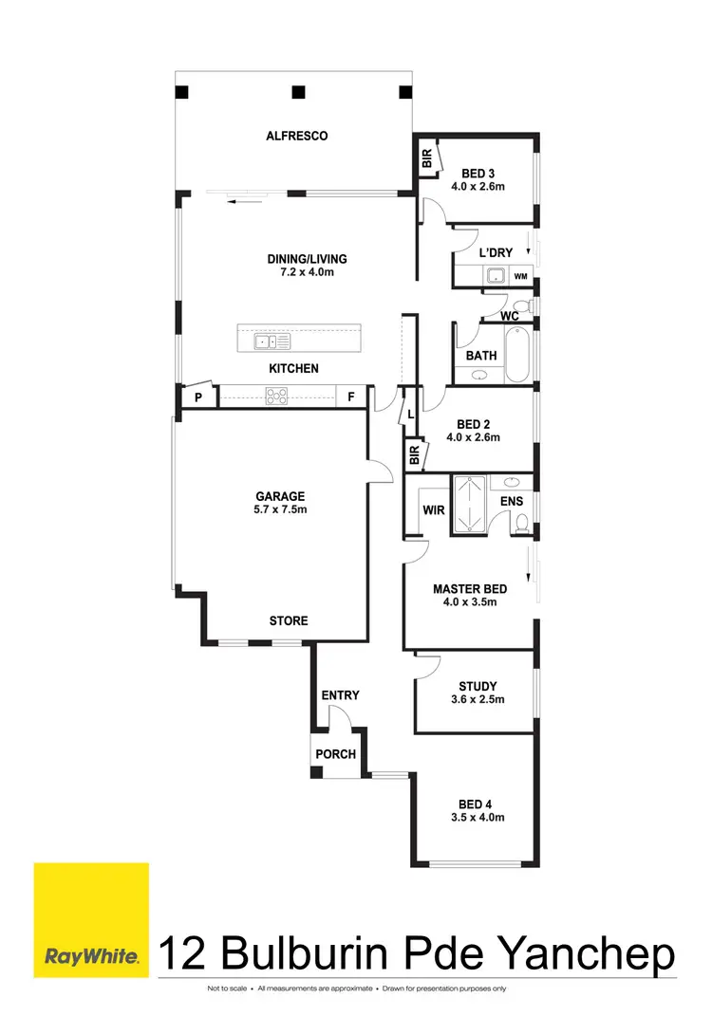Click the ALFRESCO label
pyautogui.click(x=297, y=136)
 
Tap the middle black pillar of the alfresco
pyautogui.click(x=298, y=92)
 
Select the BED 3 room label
pyautogui.click(x=478, y=173)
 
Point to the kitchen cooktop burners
pyautogui.click(x=277, y=397)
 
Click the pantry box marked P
pyautogui.click(x=198, y=397)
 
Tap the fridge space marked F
pyautogui.click(x=350, y=397)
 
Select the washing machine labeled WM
pyautogui.click(x=520, y=276)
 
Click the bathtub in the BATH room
pyautogui.click(x=518, y=355)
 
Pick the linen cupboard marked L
pyautogui.click(x=410, y=415)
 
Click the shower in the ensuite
pyautogui.click(x=470, y=504)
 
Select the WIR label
pyautogui.click(x=434, y=510)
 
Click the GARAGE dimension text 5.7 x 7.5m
pyautogui.click(x=280, y=509)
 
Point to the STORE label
pyautogui.click(x=289, y=620)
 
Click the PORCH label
pyautogui.click(x=336, y=754)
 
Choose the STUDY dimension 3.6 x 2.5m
pyautogui.click(x=478, y=700)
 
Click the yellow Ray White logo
pyautogui.click(x=91, y=918)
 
